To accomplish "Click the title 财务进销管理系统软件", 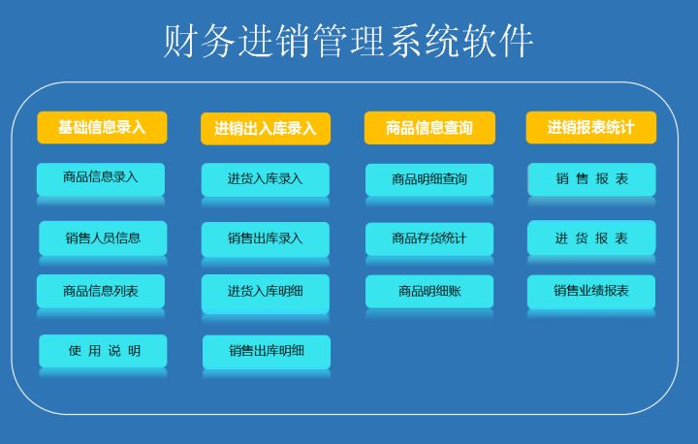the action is pyautogui.click(x=348, y=41).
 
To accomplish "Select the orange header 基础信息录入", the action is pyautogui.click(x=102, y=127).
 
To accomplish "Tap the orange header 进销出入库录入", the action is pyautogui.click(x=266, y=128).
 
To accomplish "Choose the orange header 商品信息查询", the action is pyautogui.click(x=429, y=128).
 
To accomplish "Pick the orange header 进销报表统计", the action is pyautogui.click(x=591, y=127).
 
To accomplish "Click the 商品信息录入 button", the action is pyautogui.click(x=101, y=178).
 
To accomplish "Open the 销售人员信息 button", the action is pyautogui.click(x=103, y=238).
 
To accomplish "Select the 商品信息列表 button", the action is pyautogui.click(x=101, y=291).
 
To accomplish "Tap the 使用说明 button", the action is pyautogui.click(x=103, y=351).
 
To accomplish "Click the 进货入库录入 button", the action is pyautogui.click(x=266, y=179).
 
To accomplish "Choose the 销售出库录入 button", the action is pyautogui.click(x=266, y=238).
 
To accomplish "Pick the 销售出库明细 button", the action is pyautogui.click(x=267, y=352).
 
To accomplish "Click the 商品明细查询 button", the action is pyautogui.click(x=429, y=179).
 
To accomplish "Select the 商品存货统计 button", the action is pyautogui.click(x=429, y=238).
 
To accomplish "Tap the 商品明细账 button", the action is pyautogui.click(x=429, y=291).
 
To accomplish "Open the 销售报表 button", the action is pyautogui.click(x=592, y=179).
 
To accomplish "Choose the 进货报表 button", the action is pyautogui.click(x=591, y=238).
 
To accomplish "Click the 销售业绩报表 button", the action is pyautogui.click(x=591, y=292).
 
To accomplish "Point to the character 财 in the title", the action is pyautogui.click(x=179, y=42).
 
